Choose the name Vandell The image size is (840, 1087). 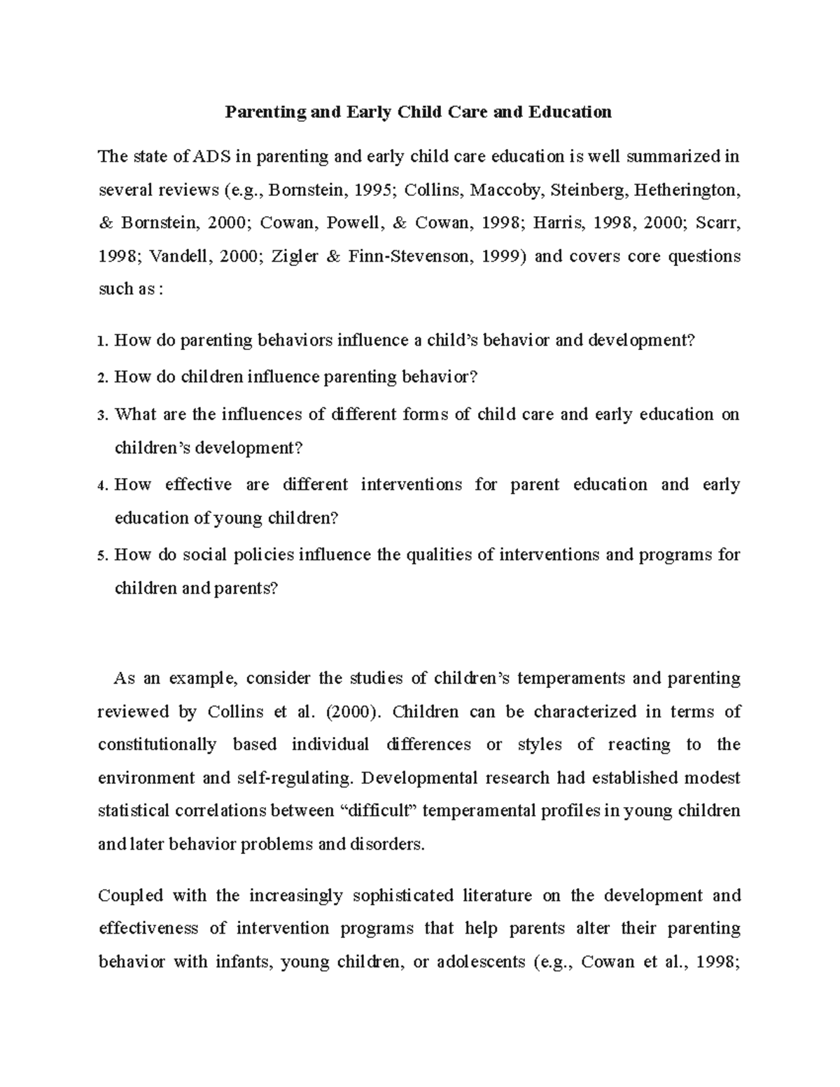point(178,256)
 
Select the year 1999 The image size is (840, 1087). point(501,256)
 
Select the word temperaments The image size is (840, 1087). point(569,678)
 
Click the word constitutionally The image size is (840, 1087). point(157,745)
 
